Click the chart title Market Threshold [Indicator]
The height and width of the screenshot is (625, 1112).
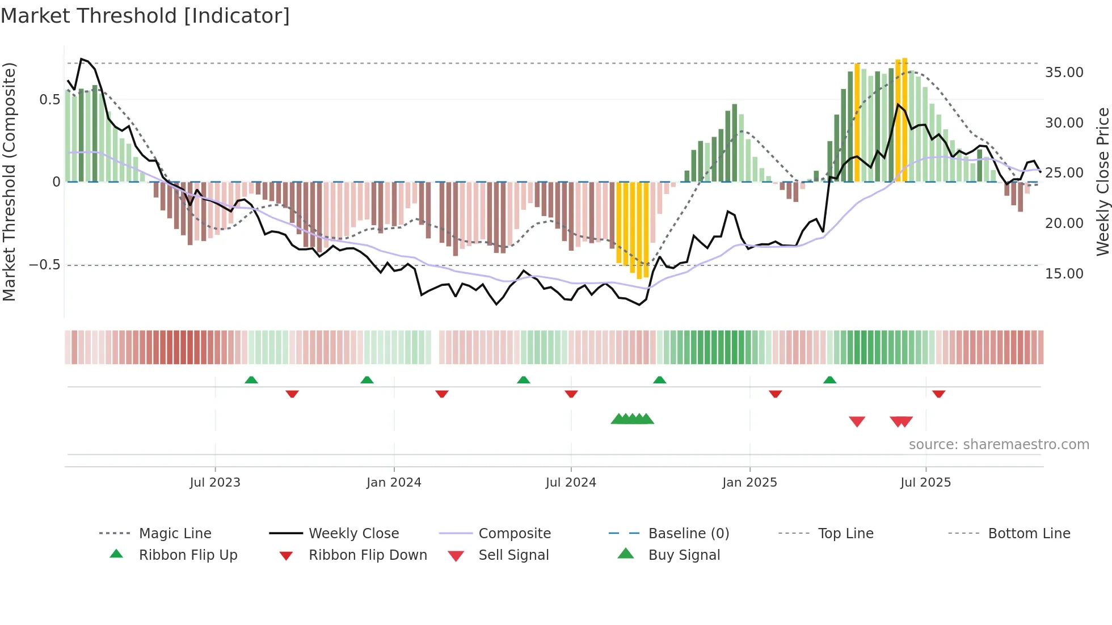point(145,16)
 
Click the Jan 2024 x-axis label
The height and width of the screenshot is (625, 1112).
point(394,483)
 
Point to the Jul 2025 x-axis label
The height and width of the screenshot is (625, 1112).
point(925,483)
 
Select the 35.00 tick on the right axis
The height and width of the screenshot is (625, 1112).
point(1064,73)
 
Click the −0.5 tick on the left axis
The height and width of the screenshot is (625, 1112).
point(45,265)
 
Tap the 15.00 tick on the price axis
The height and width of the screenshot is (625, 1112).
point(1064,274)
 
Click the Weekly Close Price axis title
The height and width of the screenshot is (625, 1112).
point(1102,181)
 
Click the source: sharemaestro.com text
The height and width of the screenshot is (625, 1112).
point(999,445)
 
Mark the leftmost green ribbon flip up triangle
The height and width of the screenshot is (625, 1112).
point(251,380)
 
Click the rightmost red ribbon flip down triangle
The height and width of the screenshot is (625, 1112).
point(938,394)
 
